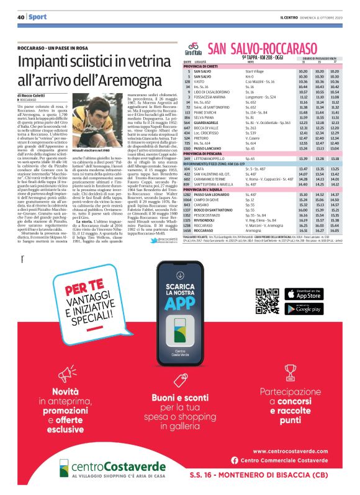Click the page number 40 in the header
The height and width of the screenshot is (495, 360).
tap(20, 16)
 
